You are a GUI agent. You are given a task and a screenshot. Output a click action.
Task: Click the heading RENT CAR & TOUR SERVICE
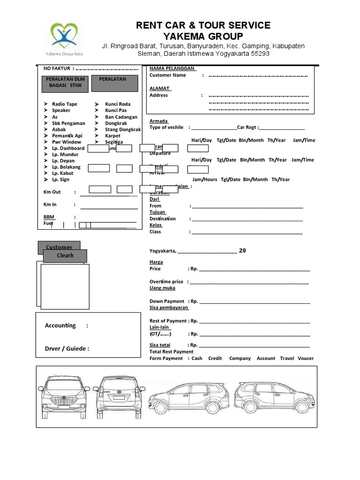pos(203,25)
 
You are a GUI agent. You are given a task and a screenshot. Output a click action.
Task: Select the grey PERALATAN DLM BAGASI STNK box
pos(62,82)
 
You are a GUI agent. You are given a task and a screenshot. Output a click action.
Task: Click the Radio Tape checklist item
pos(64,104)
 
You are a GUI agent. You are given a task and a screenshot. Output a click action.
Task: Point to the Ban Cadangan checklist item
pos(121,117)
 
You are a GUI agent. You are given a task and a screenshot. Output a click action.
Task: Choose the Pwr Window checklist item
pos(66,142)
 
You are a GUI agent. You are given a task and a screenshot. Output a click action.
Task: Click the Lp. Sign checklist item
pos(60,180)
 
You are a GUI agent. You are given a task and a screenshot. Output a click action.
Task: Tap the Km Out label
pos(52,192)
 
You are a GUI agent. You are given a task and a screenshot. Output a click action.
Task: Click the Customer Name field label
pos(167,75)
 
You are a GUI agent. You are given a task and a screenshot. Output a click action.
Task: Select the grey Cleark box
pos(65,256)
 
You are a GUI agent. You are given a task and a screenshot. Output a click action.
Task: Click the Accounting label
pos(60,326)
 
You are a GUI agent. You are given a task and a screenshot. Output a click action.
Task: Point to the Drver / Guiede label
pos(67,348)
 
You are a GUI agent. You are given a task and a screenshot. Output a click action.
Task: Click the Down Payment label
pos(166,301)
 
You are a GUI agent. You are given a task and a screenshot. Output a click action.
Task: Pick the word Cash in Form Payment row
pos(197,358)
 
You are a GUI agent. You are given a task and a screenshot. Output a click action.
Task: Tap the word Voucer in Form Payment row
pos(306,358)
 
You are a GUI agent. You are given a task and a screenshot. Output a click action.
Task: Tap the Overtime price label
pos(166,282)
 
